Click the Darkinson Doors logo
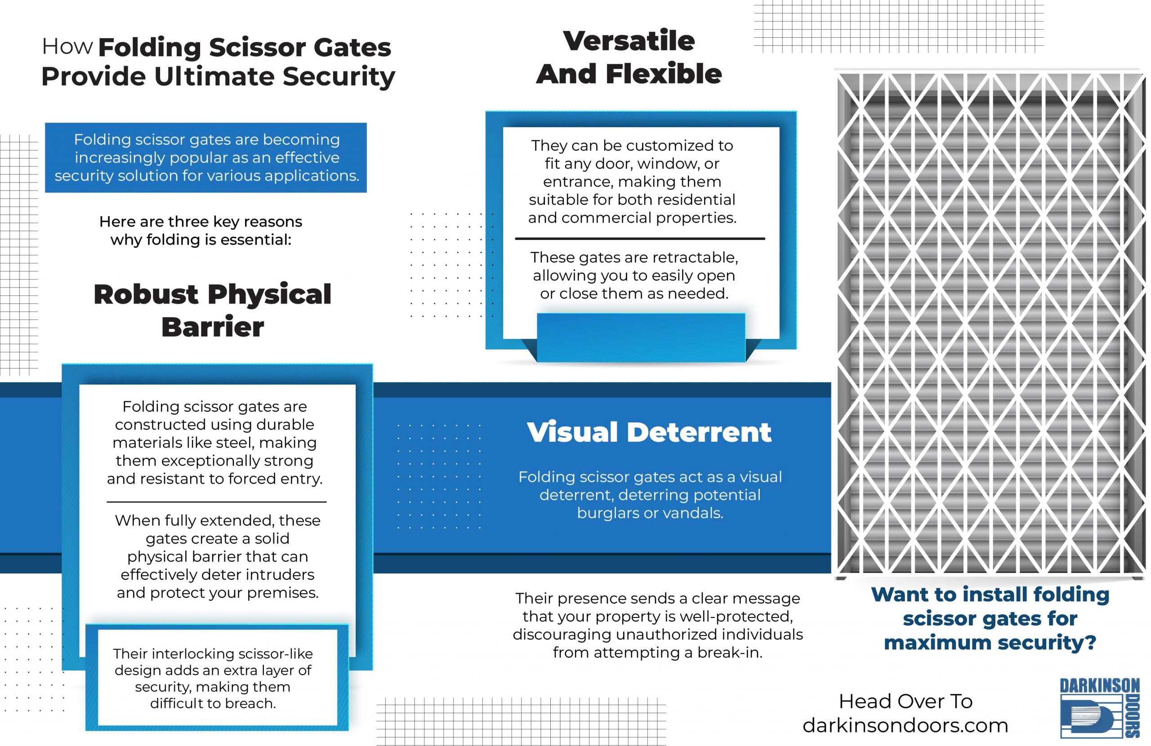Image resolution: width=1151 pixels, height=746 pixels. pyautogui.click(x=1100, y=708)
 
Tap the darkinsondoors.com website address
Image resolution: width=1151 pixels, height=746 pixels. pyautogui.click(x=906, y=725)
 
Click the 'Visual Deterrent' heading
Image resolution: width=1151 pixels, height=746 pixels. pyautogui.click(x=649, y=432)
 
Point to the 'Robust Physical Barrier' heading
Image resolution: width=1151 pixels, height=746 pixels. pyautogui.click(x=212, y=310)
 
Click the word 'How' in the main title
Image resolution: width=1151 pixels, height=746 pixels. pyautogui.click(x=67, y=46)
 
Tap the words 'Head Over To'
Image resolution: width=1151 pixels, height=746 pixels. pyautogui.click(x=906, y=701)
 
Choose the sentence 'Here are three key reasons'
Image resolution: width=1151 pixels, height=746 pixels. pyautogui.click(x=201, y=222)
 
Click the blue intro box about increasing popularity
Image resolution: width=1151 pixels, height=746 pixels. pyautogui.click(x=206, y=158)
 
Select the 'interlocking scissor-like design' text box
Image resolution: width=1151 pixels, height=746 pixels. pyautogui.click(x=217, y=677)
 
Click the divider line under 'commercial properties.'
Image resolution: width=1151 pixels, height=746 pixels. pyautogui.click(x=640, y=238)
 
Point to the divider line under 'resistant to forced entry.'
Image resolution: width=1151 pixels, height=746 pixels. pyautogui.click(x=217, y=502)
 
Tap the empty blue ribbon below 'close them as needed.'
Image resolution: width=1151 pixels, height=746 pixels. pyautogui.click(x=641, y=337)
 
